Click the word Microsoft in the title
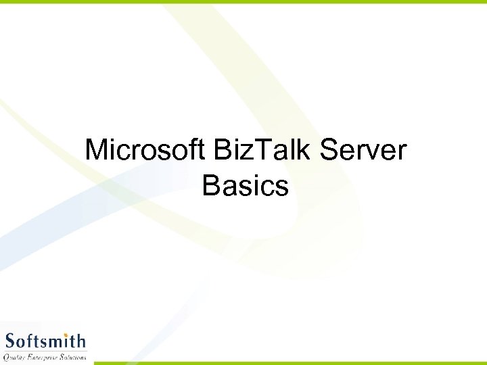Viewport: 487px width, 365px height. [145, 149]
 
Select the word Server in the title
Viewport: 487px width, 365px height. [363, 149]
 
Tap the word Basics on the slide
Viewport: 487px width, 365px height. [245, 185]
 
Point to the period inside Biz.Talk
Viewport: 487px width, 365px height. [251, 160]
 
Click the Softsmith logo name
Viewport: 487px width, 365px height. [45, 340]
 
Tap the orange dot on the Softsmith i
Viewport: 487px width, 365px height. [66, 333]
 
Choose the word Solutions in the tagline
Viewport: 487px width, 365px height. [72, 356]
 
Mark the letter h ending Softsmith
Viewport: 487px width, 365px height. [80, 340]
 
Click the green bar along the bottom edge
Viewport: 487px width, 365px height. [291, 362]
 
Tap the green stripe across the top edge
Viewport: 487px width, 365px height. [243, 2]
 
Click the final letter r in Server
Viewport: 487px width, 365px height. [402, 153]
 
